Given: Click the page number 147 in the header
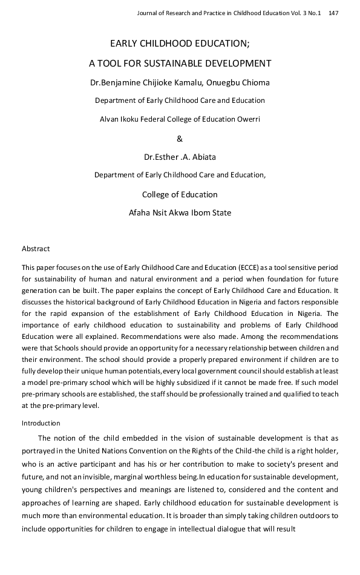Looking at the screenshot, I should click(333, 13).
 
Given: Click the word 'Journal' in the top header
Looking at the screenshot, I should click(149, 13).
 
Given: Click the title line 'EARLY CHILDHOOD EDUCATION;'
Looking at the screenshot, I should click(180, 44).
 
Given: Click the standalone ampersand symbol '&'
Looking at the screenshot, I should click(180, 139).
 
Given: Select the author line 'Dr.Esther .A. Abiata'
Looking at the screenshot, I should click(180, 157).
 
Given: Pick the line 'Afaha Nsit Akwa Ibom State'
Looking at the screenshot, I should click(180, 213).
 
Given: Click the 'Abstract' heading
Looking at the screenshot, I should click(36, 249).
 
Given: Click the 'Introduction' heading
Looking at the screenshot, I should click(41, 423).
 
